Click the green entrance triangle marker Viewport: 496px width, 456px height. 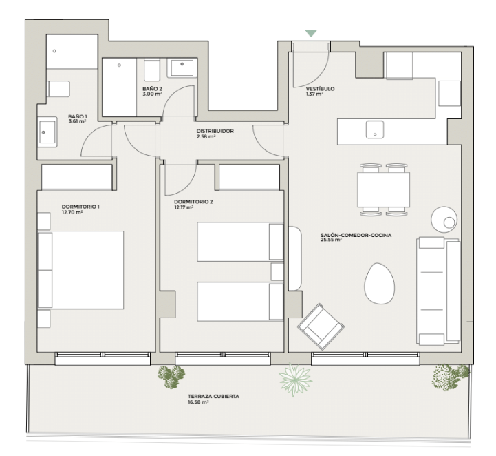point(311,33)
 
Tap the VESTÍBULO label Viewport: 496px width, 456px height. point(320,89)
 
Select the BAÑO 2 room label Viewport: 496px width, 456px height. point(152,89)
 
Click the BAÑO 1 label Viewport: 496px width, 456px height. point(78,116)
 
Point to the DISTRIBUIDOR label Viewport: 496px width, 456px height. point(215,131)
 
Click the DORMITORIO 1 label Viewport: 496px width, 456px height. point(80,207)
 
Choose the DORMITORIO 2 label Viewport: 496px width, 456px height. point(193,202)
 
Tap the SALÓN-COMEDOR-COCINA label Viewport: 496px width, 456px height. point(356,235)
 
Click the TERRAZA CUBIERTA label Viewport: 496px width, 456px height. point(213,397)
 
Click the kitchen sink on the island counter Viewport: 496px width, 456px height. point(375,129)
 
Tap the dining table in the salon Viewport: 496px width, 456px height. point(383,189)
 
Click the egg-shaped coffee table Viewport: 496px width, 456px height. point(380,283)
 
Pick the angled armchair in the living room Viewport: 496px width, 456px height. point(321,327)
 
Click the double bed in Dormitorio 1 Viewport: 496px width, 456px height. point(80,270)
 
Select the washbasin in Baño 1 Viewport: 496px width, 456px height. point(47,132)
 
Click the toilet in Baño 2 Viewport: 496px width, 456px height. point(152,71)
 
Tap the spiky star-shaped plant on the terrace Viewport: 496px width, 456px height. point(295,380)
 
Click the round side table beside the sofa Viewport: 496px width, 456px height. point(444,220)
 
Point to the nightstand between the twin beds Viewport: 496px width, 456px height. point(277,271)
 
